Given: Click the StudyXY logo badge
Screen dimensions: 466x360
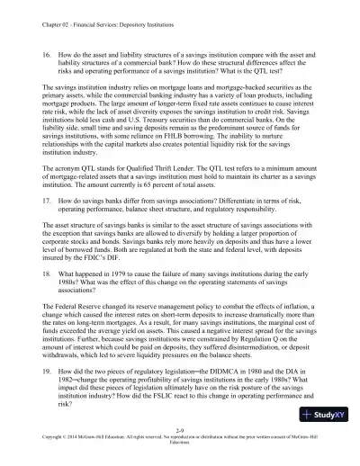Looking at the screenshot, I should [328, 441].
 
